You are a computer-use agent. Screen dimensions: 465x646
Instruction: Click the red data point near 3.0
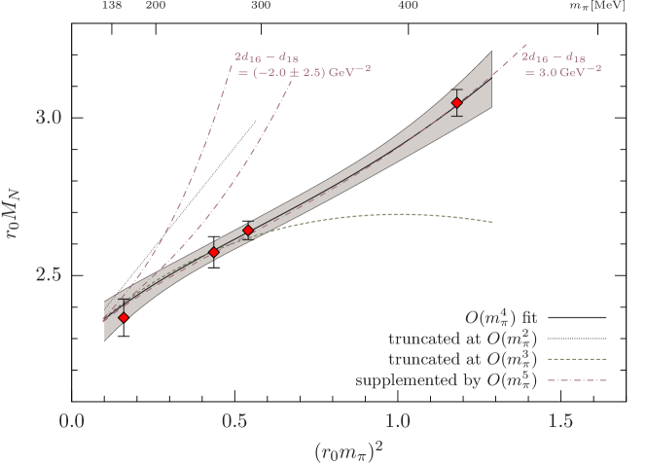tap(456, 102)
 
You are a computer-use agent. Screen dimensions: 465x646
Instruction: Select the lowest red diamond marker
tap(124, 317)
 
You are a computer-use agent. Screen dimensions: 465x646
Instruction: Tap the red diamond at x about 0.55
tap(248, 231)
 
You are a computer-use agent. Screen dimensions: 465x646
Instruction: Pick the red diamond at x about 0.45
tap(214, 253)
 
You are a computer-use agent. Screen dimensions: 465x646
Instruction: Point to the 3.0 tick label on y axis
tap(48, 117)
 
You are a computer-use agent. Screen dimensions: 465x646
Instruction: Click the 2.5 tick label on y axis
tap(48, 274)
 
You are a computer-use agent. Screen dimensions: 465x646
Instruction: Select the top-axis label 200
tap(155, 6)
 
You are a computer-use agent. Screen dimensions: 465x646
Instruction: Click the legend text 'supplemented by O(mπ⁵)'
tap(448, 379)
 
